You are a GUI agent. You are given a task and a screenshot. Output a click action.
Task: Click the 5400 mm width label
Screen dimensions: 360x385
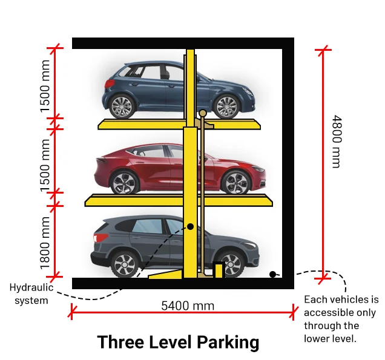pos(188,306)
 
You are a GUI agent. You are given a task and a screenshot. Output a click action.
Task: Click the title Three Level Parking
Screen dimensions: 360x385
pos(178,342)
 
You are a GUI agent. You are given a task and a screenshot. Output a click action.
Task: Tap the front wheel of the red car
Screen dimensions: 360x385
pos(236,181)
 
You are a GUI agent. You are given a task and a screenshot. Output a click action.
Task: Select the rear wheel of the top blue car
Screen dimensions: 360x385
pos(122,106)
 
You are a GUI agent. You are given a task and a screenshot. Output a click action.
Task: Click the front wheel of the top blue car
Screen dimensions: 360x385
pos(227,106)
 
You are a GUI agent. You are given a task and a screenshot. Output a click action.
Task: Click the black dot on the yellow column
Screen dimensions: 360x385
pos(190,226)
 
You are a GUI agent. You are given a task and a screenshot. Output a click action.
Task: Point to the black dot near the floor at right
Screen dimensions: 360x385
pos(272,274)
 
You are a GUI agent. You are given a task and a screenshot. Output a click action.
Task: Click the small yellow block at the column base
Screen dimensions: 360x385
pos(219,269)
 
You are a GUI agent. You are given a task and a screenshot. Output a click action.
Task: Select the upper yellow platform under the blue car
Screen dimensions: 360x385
pos(139,125)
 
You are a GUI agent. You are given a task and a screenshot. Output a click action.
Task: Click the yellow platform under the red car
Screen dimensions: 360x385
pos(133,201)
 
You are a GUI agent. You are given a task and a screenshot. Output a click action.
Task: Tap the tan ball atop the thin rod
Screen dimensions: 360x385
pos(203,113)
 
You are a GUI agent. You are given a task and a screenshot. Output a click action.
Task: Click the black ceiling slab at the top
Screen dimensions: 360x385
pos(182,43)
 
